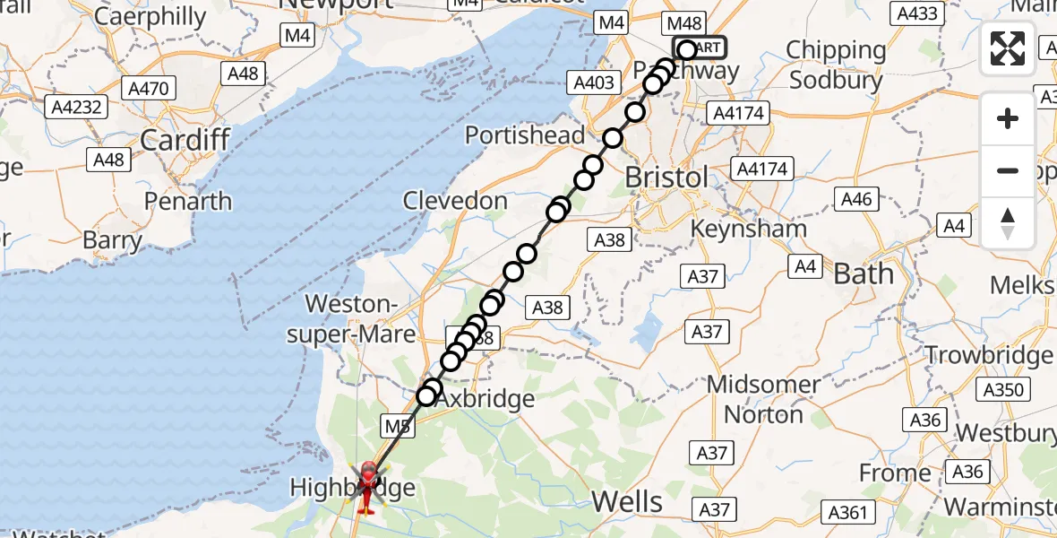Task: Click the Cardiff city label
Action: coord(185,140)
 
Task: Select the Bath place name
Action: coord(864,273)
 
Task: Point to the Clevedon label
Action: coord(455,201)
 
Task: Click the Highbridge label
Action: coord(352,489)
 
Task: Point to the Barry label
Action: coord(112,240)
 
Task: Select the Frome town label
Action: coord(895,473)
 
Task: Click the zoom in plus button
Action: coord(1008,118)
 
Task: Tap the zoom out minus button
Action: coord(1008,170)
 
